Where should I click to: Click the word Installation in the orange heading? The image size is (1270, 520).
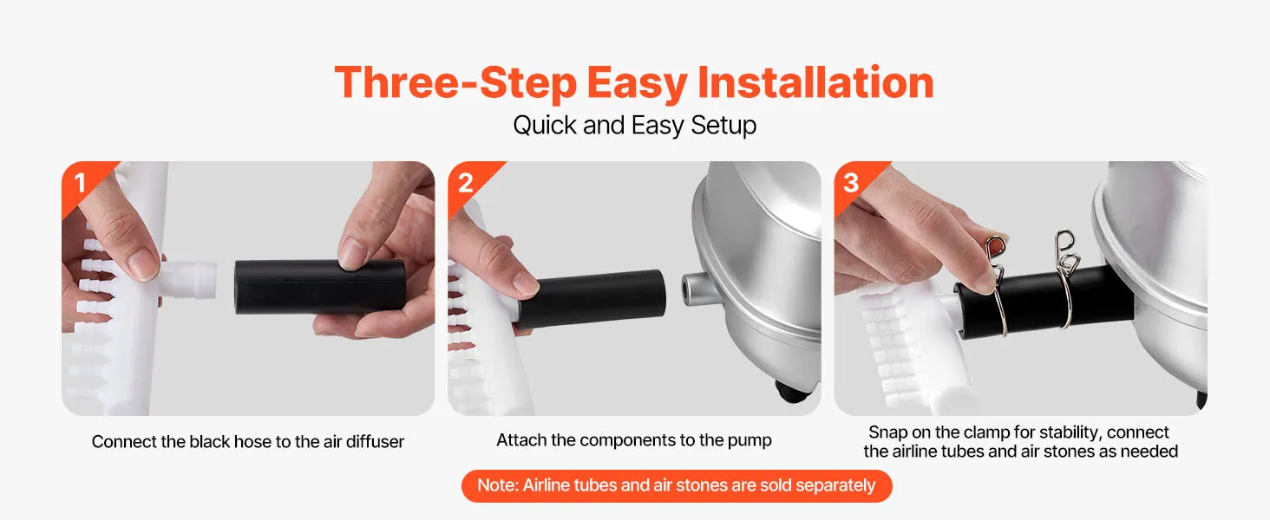815,83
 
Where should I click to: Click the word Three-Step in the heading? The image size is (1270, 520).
455,83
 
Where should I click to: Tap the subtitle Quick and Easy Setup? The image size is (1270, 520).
634,125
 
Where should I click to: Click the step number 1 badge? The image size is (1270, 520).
80,183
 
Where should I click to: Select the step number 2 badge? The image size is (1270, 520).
466,183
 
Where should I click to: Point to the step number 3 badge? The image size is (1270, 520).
851,183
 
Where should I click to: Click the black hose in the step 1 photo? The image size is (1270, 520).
320,286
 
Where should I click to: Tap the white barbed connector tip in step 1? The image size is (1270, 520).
191,279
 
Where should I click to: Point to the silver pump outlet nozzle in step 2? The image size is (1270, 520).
697,289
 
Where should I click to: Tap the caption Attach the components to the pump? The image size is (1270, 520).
634,440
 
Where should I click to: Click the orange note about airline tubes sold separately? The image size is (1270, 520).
677,486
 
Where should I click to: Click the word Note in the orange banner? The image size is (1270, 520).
498,485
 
